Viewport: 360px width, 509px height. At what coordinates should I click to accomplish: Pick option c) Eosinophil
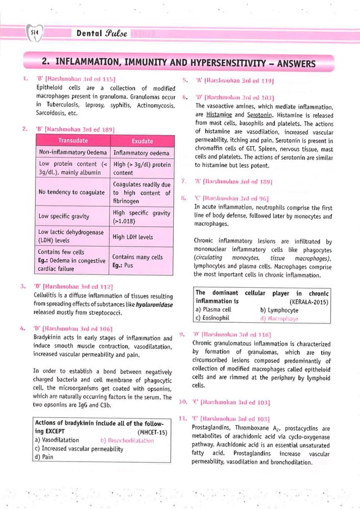click(213, 318)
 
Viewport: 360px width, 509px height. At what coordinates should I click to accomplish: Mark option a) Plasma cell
click(213, 310)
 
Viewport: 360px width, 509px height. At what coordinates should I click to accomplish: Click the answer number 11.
click(182, 418)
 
